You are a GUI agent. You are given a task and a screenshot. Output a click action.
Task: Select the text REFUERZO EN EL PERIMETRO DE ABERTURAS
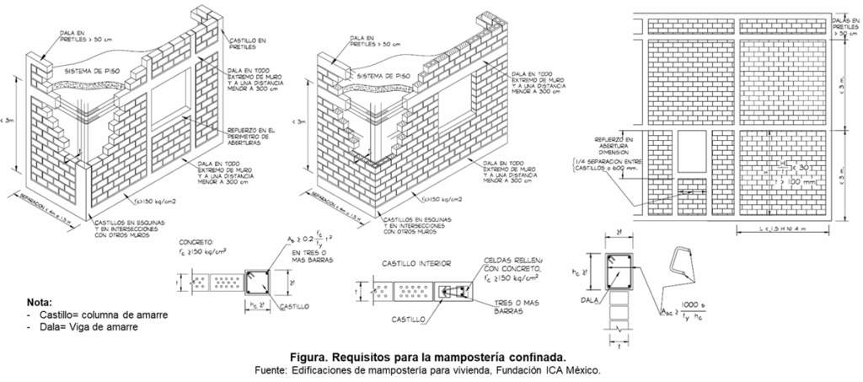click(251, 135)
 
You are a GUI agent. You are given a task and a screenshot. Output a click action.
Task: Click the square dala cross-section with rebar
click(621, 272)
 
